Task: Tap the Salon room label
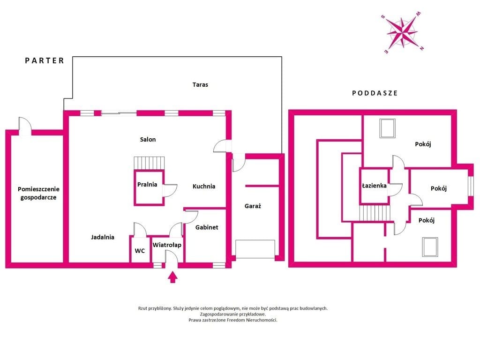coord(148,140)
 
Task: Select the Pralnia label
coord(147,184)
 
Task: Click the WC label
coord(140,251)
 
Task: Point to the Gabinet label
coord(207,227)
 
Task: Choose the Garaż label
coord(253,206)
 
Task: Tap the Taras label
coord(200,84)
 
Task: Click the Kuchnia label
coord(204,186)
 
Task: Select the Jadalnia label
coord(103,237)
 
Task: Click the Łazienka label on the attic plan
coord(374,186)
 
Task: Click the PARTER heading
coord(45,60)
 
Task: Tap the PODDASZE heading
coord(375,93)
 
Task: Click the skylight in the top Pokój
coord(388,128)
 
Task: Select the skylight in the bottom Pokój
coord(430,247)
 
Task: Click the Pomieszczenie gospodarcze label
coord(38,193)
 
